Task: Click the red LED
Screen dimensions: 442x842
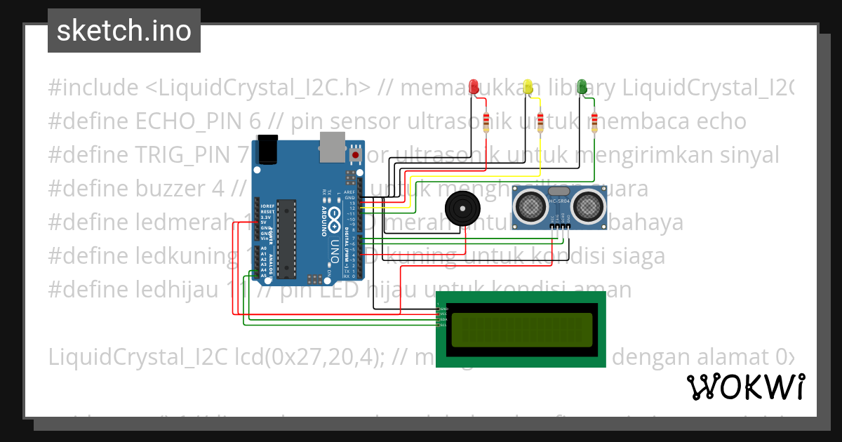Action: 474,86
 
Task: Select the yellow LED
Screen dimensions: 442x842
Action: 528,86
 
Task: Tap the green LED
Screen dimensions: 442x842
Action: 582,86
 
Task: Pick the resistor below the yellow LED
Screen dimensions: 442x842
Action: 540,122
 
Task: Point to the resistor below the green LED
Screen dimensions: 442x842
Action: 594,122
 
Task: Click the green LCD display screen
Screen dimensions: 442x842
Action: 521,330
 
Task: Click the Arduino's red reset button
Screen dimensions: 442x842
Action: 356,154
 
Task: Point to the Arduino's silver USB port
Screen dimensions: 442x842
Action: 333,144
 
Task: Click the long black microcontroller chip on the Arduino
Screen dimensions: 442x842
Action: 286,235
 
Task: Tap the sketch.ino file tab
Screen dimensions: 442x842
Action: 124,31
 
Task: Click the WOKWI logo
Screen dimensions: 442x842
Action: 745,387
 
